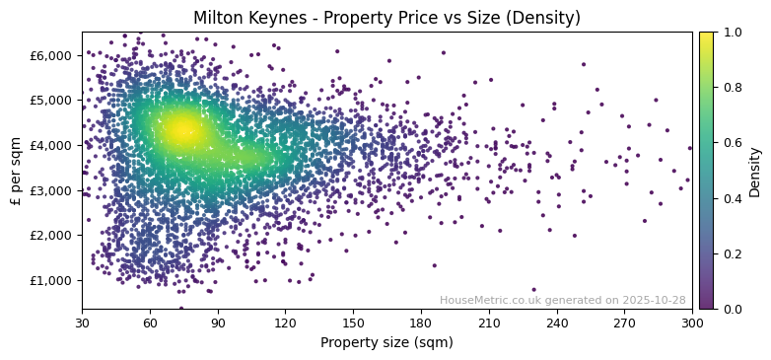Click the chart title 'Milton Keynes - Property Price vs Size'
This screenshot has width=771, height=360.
[386, 18]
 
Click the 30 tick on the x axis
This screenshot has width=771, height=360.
[82, 322]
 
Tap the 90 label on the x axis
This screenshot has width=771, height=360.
[218, 322]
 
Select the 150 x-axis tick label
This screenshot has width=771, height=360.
[353, 322]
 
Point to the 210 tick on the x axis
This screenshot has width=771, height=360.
[489, 322]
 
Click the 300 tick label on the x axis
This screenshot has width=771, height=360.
[692, 322]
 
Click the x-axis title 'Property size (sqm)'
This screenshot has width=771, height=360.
[386, 342]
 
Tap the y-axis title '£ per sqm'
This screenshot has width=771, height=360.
[16, 171]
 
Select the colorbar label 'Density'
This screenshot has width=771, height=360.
[755, 171]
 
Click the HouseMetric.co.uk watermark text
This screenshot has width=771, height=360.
[562, 300]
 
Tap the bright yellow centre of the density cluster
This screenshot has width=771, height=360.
[181, 130]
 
